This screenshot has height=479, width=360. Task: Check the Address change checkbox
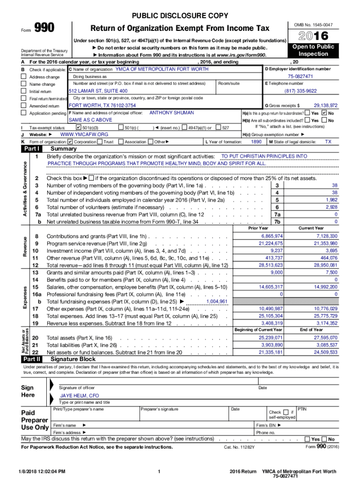click(x=23, y=77)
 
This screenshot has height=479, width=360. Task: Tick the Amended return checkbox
click(x=23, y=106)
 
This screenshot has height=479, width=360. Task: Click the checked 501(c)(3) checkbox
click(x=78, y=127)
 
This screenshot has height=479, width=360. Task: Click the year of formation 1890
click(x=256, y=142)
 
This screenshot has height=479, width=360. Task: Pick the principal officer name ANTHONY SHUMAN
click(x=168, y=113)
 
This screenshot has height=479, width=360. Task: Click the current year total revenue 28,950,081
click(x=326, y=265)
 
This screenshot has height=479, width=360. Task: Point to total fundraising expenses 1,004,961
click(x=216, y=302)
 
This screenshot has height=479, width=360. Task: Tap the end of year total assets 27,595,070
click(x=326, y=337)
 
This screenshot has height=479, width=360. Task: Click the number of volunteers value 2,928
click(x=331, y=207)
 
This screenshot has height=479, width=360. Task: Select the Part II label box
click(x=32, y=359)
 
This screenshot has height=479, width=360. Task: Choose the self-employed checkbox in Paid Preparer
click(x=286, y=412)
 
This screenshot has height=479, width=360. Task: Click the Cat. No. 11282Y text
click(x=239, y=447)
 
